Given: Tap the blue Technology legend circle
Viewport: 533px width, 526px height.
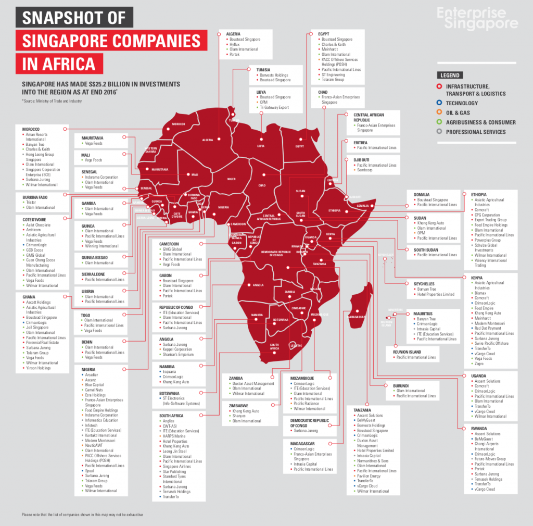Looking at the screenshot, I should [440, 103].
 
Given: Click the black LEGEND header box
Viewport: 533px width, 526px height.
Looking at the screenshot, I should [450, 75].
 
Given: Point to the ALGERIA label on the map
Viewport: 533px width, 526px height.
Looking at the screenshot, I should [208, 140].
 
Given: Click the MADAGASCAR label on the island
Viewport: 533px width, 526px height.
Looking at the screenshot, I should [357, 317].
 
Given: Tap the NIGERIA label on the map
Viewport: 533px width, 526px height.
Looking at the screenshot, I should [223, 207].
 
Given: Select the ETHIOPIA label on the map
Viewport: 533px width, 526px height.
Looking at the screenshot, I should [335, 210].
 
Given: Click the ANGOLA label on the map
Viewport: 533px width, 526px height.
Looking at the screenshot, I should [258, 285].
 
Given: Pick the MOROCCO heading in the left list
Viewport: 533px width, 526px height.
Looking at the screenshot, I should [31, 129].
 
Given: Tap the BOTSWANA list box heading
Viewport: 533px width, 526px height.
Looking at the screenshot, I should [170, 393].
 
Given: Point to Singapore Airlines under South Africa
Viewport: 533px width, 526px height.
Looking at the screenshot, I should [177, 466].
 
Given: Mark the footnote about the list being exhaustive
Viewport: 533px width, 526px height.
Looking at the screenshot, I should [82, 515].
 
